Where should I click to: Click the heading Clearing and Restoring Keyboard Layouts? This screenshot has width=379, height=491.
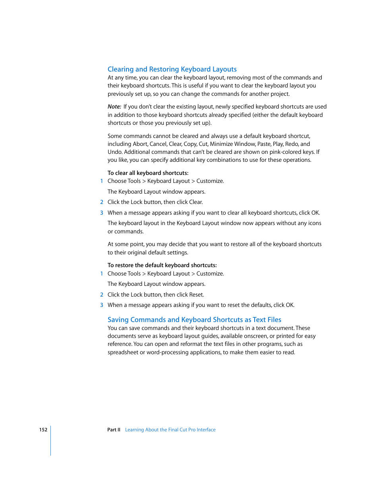point(172,69)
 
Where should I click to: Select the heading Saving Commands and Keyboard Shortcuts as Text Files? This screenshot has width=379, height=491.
point(194,320)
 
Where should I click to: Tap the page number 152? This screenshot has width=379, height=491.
point(43,430)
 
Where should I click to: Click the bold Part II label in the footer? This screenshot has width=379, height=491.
point(114,430)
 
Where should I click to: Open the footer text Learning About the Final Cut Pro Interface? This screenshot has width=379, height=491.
point(170,430)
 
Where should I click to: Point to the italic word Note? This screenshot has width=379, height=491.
point(114,107)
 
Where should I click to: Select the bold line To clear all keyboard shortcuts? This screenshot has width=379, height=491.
point(148,173)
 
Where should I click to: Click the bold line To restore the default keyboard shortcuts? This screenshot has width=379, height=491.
point(162,265)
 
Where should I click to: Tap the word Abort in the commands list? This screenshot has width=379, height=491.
point(140,144)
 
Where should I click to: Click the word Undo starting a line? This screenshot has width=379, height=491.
point(114,152)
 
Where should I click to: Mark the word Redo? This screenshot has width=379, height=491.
point(291,144)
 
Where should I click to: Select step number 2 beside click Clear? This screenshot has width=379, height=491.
point(102,202)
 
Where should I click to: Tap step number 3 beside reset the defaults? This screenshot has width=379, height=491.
point(102,305)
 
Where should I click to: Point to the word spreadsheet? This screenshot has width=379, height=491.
point(123,352)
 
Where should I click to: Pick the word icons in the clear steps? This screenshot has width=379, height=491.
point(315,223)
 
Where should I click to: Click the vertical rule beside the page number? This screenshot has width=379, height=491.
point(51,441)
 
